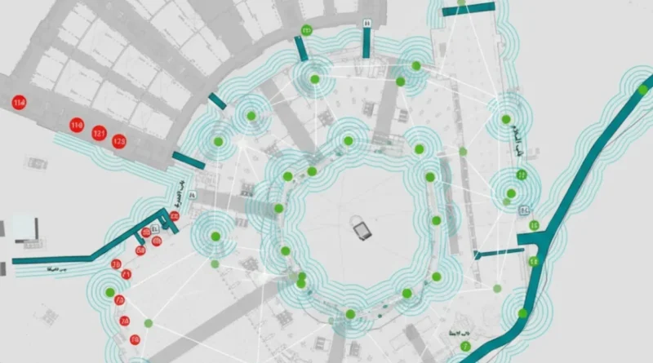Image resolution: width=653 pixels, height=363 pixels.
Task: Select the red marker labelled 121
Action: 100,133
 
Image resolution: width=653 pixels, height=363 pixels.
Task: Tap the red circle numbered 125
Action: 119,142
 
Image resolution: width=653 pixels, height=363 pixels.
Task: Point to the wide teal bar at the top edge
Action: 469,8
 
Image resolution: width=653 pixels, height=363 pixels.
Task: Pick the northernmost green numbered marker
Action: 307,30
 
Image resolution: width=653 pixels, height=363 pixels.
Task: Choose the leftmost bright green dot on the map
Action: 109,291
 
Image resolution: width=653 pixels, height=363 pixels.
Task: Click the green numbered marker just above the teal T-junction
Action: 535,224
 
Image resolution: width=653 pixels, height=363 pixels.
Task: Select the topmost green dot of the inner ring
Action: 349,141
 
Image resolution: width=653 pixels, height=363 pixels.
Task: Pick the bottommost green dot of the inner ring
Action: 350,313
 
